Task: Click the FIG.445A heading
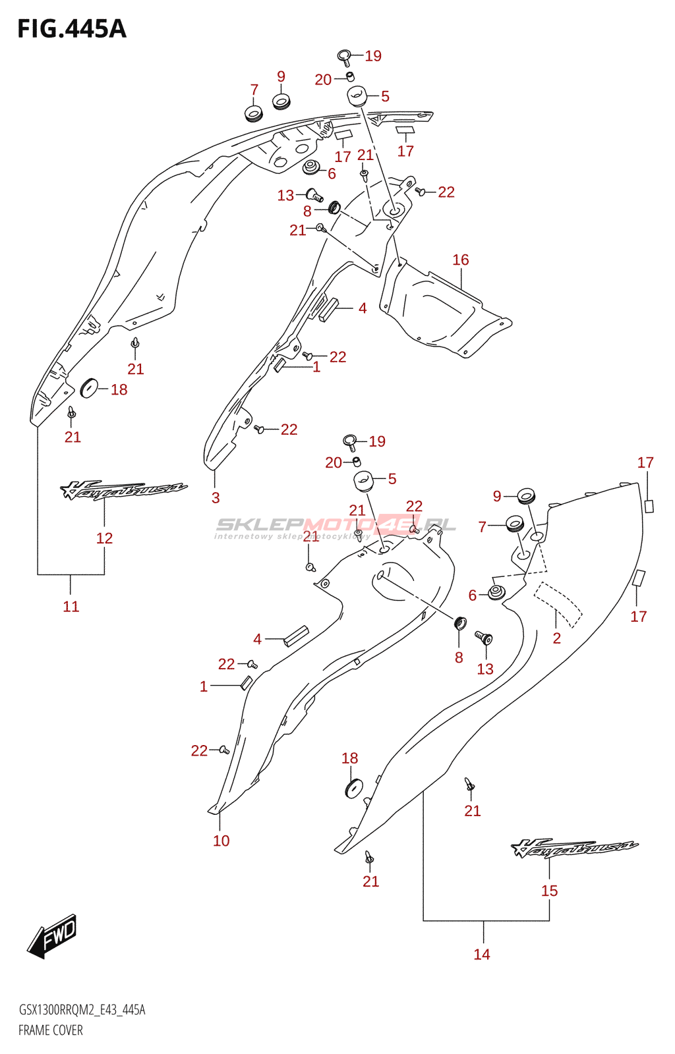tap(71, 29)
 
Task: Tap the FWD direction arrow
tap(53, 935)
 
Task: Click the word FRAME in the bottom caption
tap(32, 1030)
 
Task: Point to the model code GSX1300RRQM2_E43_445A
tap(82, 1010)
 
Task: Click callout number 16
tap(461, 260)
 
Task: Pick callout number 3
tap(216, 498)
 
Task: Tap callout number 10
tap(221, 841)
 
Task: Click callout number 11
tap(71, 607)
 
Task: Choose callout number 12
tap(104, 538)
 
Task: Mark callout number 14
tap(482, 955)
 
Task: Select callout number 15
tap(549, 891)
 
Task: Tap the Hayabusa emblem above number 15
tap(573, 848)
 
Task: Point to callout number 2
tap(557, 638)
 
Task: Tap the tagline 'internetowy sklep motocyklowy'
tap(292, 537)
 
